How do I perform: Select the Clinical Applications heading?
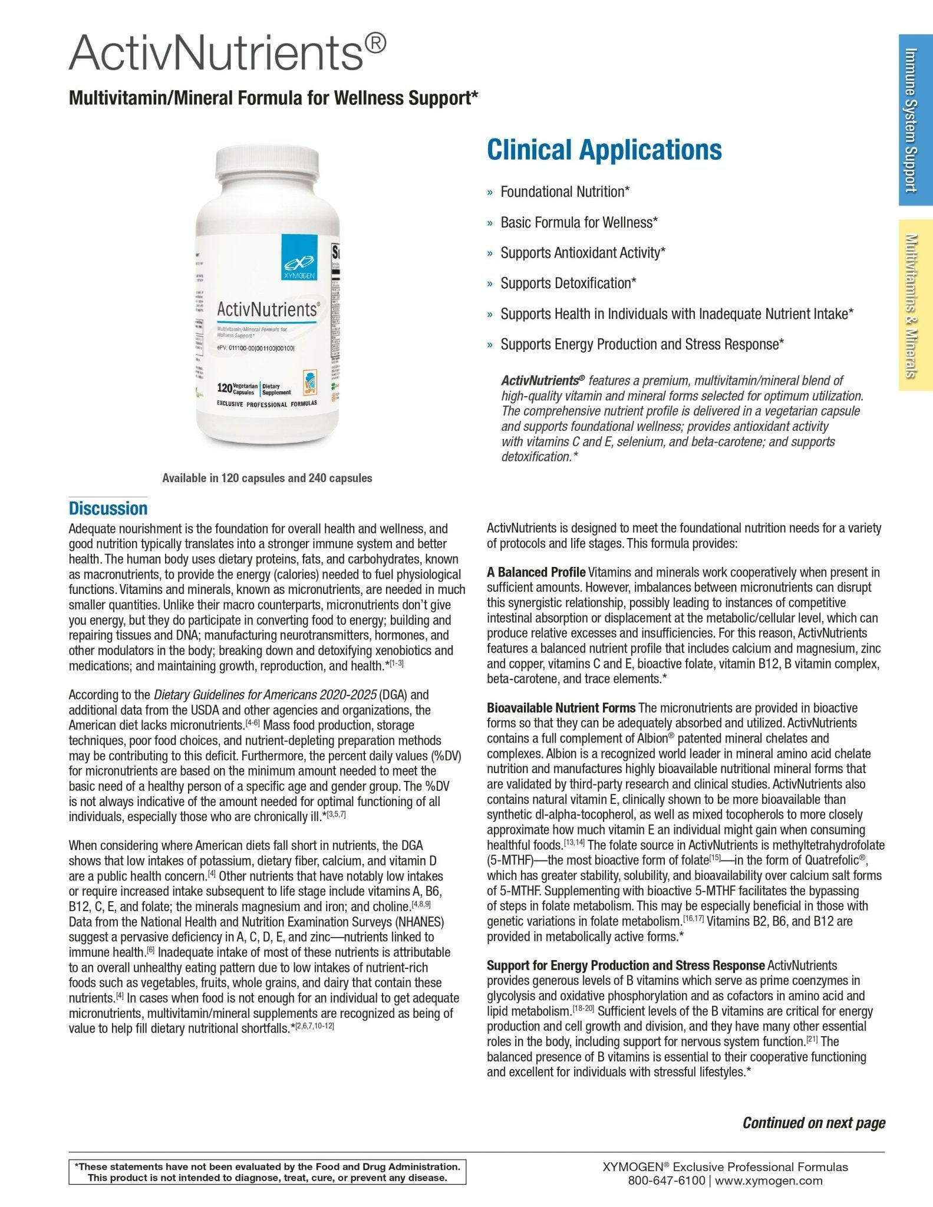pos(604,150)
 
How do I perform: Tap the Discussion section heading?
pos(108,508)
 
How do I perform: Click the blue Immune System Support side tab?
pos(915,120)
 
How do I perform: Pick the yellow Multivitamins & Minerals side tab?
pos(915,305)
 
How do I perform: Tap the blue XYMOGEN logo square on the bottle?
pos(299,256)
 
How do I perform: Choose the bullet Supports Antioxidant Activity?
pos(583,253)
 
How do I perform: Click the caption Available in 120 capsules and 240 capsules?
pos(267,478)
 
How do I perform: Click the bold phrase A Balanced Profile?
pos(536,572)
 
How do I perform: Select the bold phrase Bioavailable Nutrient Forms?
pos(561,708)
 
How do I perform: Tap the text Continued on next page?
pos(813,1123)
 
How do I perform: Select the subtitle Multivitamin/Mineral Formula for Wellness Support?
pos(273,98)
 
